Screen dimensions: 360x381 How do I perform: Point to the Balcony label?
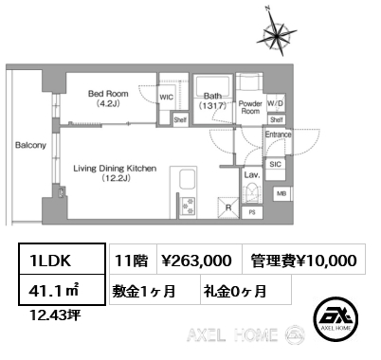[25, 146]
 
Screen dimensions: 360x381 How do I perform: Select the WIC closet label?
[167, 97]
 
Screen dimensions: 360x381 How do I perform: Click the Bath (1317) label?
[213, 99]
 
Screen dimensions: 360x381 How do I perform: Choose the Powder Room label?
[250, 107]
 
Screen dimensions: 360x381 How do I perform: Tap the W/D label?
[277, 103]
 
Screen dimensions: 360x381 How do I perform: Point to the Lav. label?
[252, 175]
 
